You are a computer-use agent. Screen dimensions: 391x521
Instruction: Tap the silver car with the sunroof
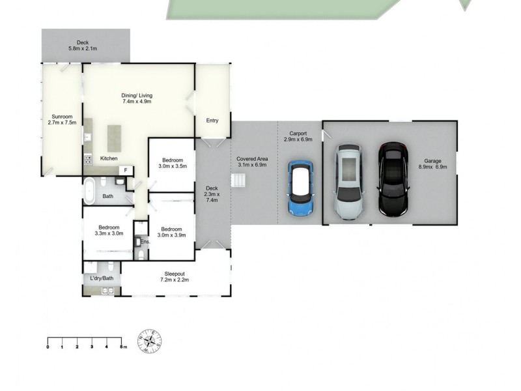pyautogui.click(x=350, y=182)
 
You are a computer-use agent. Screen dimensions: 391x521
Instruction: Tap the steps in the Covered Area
pyautogui.click(x=239, y=182)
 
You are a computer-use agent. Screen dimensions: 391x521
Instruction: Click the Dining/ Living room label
pyautogui.click(x=136, y=98)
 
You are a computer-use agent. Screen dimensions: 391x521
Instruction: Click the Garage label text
pyautogui.click(x=433, y=163)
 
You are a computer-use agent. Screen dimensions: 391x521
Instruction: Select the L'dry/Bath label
pyautogui.click(x=102, y=279)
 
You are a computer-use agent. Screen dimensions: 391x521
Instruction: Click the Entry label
pyautogui.click(x=212, y=121)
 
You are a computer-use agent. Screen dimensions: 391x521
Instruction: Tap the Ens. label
pyautogui.click(x=145, y=242)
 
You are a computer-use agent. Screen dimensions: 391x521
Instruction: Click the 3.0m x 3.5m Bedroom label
pyautogui.click(x=173, y=162)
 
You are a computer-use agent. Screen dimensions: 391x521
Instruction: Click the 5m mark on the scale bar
pyautogui.click(x=122, y=347)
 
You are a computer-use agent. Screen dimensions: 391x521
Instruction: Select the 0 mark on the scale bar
pyautogui.click(x=48, y=347)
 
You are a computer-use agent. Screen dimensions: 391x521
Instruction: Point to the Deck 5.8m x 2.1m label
pyautogui.click(x=83, y=46)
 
